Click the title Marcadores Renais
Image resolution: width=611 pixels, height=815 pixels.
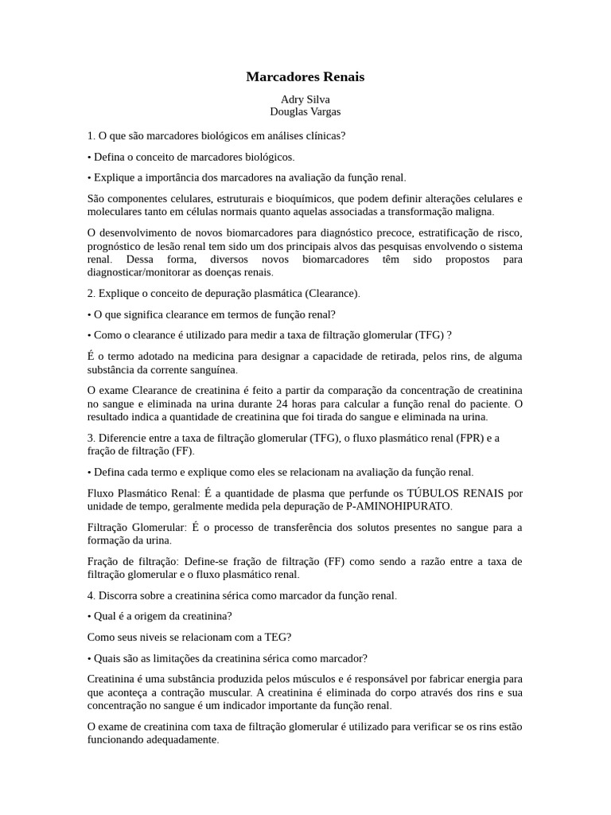tap(305, 77)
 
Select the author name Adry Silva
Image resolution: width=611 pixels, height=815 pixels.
tap(305, 99)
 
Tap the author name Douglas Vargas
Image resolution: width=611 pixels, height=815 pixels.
tap(305, 112)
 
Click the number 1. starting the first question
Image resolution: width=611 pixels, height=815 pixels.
tap(91, 136)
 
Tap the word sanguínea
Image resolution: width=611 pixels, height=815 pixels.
tap(212, 369)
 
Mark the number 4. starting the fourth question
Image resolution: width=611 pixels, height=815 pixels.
tap(91, 595)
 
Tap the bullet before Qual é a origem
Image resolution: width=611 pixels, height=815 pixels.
tap(89, 616)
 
